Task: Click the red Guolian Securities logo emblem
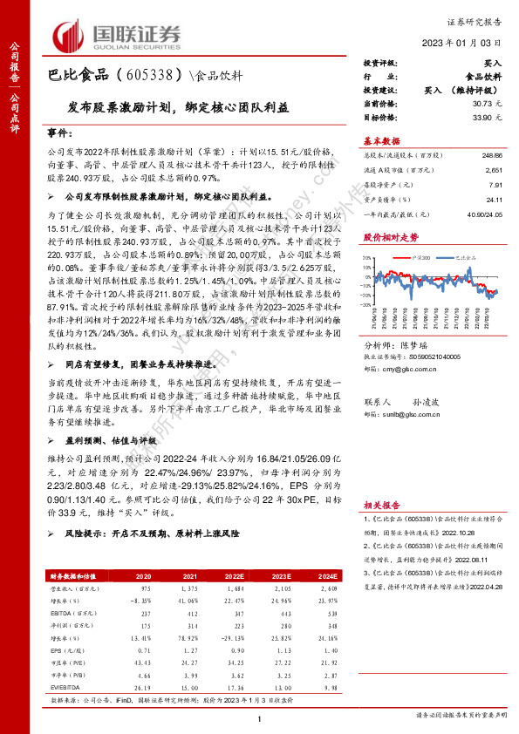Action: point(71,36)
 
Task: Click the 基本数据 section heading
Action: point(381,140)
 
